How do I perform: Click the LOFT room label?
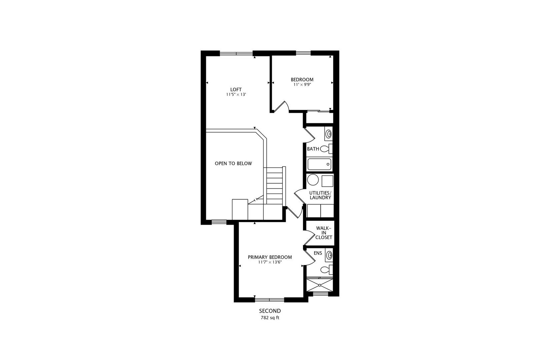click(x=236, y=89)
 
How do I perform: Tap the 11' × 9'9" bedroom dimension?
click(x=302, y=85)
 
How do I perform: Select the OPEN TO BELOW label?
click(x=233, y=163)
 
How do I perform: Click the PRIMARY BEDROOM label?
click(x=270, y=257)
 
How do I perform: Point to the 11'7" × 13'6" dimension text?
click(x=270, y=262)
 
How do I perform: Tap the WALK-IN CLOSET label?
click(x=324, y=233)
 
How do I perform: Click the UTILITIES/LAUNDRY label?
click(x=320, y=195)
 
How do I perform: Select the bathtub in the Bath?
click(x=319, y=164)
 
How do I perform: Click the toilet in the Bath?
click(x=326, y=149)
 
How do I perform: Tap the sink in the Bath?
click(x=329, y=134)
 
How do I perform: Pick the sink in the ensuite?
click(x=329, y=255)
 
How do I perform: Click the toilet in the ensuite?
click(x=326, y=269)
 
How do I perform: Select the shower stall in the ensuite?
click(x=320, y=285)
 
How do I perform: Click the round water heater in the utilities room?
click(x=313, y=180)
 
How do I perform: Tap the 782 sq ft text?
click(x=270, y=318)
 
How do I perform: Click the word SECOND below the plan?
click(x=270, y=311)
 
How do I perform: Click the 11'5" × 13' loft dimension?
click(x=236, y=94)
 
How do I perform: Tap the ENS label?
click(x=318, y=253)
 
